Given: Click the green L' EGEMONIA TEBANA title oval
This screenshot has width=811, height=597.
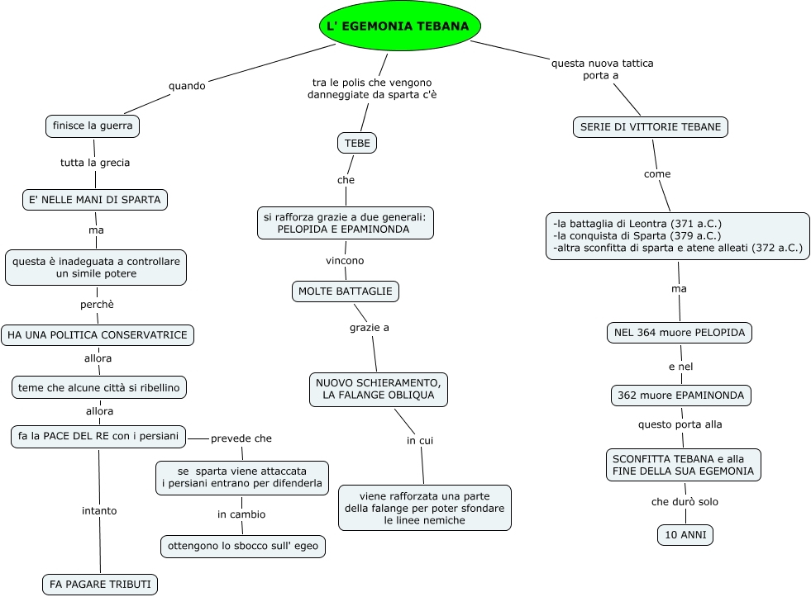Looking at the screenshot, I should (x=400, y=26).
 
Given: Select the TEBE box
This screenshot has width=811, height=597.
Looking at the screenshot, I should (x=357, y=143).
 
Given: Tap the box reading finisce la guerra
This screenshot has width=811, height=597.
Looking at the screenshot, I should (x=92, y=126).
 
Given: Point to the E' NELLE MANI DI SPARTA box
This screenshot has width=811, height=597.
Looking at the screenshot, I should (x=95, y=199).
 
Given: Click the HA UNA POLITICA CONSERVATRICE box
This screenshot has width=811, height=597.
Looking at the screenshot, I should (x=98, y=335).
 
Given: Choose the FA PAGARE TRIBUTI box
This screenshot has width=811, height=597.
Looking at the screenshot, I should (x=100, y=585).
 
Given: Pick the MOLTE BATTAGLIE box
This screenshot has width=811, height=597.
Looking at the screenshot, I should (x=346, y=291).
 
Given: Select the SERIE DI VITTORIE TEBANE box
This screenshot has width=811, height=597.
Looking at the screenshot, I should (x=650, y=127).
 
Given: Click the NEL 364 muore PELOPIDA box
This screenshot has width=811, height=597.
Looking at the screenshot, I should (x=680, y=333).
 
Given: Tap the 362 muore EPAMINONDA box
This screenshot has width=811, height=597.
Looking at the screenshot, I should (x=681, y=396).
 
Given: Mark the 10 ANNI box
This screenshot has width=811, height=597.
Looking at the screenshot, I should (x=685, y=535).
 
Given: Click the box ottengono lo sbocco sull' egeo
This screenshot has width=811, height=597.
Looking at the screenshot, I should (x=242, y=546).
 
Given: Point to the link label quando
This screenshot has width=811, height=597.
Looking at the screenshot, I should (x=187, y=85).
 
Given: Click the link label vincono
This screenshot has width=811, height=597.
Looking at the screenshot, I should (x=345, y=260).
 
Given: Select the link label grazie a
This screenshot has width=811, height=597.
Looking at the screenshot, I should (x=369, y=328).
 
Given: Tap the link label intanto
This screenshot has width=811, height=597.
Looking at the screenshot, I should (x=99, y=510).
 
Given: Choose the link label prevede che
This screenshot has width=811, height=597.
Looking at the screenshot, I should (x=241, y=438).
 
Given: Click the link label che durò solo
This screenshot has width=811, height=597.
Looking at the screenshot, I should (x=685, y=502).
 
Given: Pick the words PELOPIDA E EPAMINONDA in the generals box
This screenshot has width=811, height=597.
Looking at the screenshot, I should (x=343, y=229).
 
